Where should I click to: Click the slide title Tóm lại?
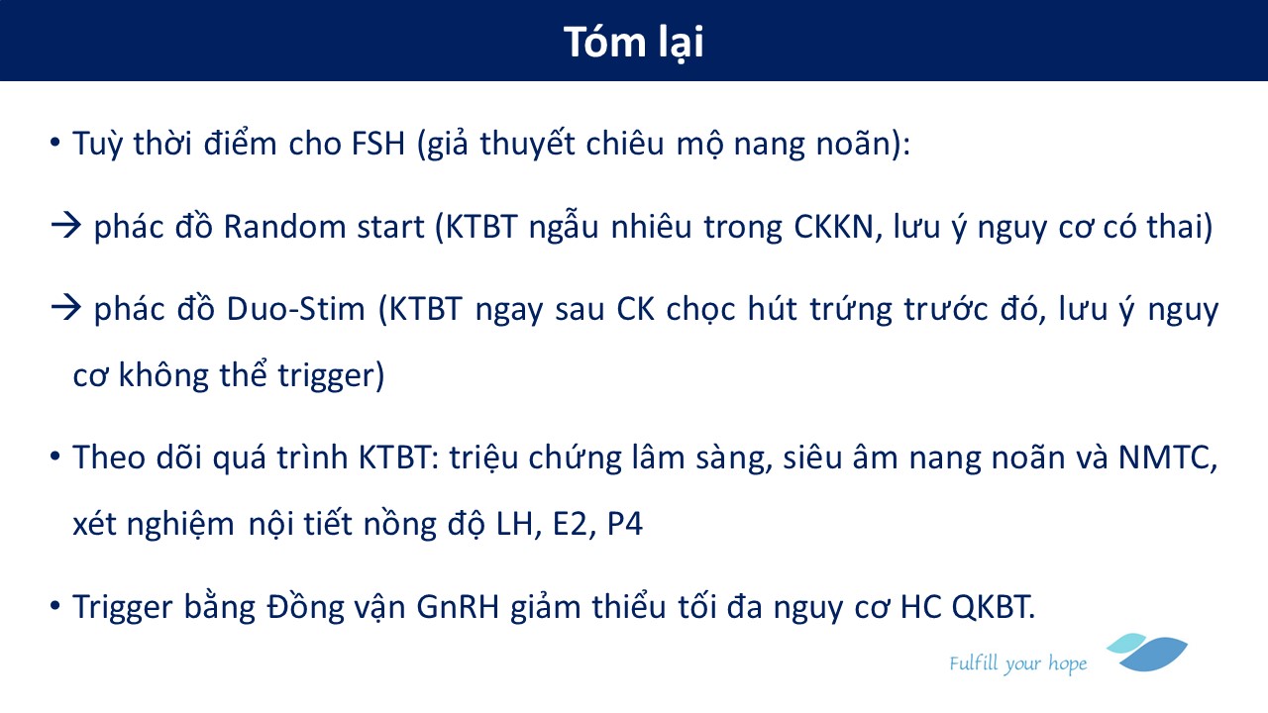633,43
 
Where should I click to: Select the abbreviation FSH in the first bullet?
378,144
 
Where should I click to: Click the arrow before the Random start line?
66,226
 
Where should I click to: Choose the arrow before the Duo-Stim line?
66,308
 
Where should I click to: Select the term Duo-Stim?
295,310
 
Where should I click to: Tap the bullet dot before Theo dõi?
54,457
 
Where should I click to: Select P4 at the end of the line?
625,524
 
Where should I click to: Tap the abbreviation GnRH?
458,607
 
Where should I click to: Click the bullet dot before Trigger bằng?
54,606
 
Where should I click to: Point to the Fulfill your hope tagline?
1017,663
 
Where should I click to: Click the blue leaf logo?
1147,652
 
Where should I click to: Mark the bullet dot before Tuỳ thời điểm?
54,142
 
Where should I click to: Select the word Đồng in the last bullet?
305,606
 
